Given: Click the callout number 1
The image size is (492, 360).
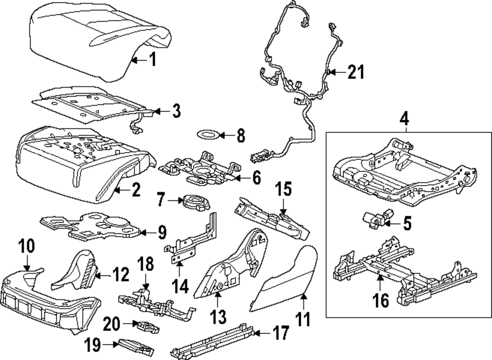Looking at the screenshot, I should (153, 60).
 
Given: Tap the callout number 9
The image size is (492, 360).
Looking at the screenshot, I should (161, 231).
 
